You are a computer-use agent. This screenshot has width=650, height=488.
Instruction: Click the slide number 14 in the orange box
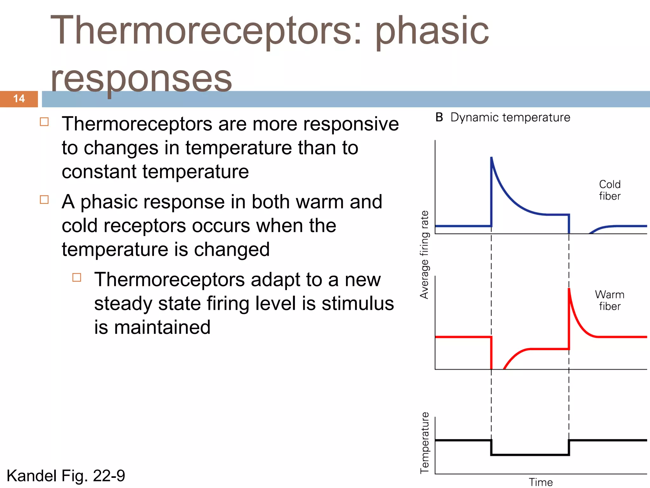[19, 98]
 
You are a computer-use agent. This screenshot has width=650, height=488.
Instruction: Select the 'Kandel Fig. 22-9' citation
[66, 476]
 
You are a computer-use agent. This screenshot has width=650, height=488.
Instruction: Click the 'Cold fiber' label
[609, 190]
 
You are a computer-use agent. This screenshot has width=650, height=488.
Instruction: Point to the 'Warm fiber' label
[609, 300]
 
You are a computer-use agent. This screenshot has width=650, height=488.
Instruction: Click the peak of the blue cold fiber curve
[492, 158]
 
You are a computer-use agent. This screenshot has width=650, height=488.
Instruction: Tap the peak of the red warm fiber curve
[569, 289]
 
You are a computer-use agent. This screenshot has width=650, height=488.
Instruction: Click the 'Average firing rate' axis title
[424, 254]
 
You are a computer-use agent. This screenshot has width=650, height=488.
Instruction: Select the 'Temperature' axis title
[424, 443]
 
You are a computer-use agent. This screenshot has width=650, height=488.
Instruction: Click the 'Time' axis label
[541, 482]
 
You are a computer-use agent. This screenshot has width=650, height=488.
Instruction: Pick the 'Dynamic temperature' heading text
[510, 118]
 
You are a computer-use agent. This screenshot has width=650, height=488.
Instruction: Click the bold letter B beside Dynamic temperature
[439, 118]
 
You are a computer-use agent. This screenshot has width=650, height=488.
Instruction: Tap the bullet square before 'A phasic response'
[44, 200]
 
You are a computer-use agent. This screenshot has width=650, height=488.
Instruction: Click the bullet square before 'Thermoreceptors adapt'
[77, 277]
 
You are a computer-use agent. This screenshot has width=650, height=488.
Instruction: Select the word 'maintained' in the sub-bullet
[162, 327]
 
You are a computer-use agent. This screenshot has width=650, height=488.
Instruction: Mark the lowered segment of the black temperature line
[530, 455]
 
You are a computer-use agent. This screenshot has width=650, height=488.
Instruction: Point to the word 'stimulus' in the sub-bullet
[358, 303]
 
